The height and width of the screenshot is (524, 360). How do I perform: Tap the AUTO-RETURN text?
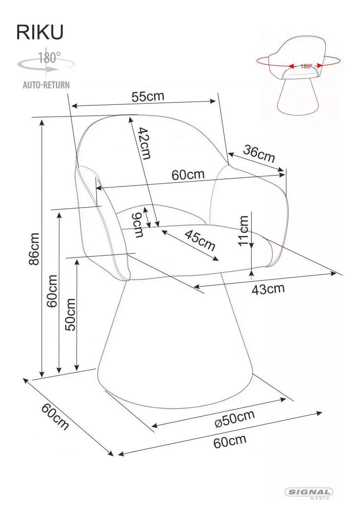pos(46,85)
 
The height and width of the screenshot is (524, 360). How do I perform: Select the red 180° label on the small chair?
pos(306,66)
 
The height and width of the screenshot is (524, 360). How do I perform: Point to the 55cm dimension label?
pos(148,96)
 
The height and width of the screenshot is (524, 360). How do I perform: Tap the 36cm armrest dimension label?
pos(259,153)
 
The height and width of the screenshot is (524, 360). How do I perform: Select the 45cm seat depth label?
pos(200,240)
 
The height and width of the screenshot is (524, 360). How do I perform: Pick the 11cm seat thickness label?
pos(243,231)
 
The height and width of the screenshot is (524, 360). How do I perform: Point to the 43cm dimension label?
pos(268,289)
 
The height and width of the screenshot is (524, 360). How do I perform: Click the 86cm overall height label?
pos(34,249)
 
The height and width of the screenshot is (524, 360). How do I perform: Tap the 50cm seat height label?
pos(70,315)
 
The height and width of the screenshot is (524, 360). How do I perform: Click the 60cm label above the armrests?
pos(188,175)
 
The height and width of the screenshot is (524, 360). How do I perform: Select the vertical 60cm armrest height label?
pos(52,291)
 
